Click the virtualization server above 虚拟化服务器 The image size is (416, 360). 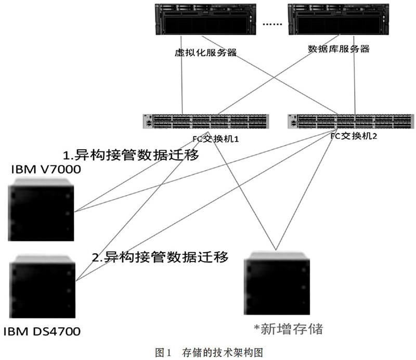(x=205, y=19)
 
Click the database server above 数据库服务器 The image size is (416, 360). (x=339, y=19)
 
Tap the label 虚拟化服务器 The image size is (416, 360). (x=205, y=53)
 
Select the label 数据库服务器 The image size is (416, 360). (x=339, y=49)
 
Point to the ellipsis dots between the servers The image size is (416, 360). (x=272, y=24)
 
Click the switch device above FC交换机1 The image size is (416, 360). (x=206, y=122)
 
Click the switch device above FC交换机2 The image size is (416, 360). (x=350, y=122)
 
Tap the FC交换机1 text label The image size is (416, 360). (x=215, y=139)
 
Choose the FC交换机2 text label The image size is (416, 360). (x=354, y=136)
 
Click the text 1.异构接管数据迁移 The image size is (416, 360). (x=131, y=155)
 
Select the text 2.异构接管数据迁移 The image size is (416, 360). (x=160, y=256)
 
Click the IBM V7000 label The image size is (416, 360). (x=46, y=170)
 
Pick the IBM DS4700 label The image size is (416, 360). (x=42, y=331)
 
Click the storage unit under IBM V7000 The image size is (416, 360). (x=41, y=210)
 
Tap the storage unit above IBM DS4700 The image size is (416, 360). (x=43, y=286)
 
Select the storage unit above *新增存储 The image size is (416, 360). (x=277, y=283)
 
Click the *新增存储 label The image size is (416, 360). (x=288, y=329)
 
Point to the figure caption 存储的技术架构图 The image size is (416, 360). (x=223, y=353)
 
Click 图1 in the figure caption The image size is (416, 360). (x=164, y=353)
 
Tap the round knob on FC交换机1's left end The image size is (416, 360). (x=149, y=123)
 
